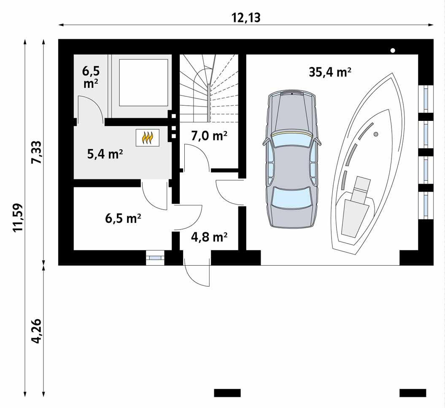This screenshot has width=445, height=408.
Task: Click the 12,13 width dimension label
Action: pyautogui.click(x=245, y=17)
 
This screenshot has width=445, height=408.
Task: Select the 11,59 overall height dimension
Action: pyautogui.click(x=18, y=218)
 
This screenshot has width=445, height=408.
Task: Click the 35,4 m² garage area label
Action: pyautogui.click(x=330, y=72)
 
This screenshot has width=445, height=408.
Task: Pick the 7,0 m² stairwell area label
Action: pyautogui.click(x=209, y=136)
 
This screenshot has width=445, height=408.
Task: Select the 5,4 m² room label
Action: pyautogui.click(x=105, y=154)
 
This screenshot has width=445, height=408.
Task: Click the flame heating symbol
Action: pyautogui.click(x=147, y=137)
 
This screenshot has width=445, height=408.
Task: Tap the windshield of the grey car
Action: pyautogui.click(x=291, y=139)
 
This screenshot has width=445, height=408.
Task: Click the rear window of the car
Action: pyautogui.click(x=291, y=197)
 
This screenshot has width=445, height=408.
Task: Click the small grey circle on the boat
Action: pyautogui.click(x=376, y=134)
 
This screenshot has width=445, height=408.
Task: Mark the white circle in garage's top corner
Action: pyautogui.click(x=393, y=51)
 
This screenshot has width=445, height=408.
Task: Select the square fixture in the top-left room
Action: pyautogui.click(x=143, y=83)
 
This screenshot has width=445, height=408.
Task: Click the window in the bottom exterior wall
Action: pyautogui.click(x=155, y=258)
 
